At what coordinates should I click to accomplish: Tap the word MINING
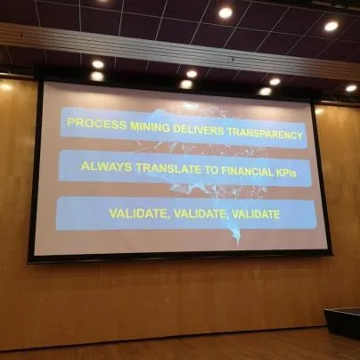tap(150, 127)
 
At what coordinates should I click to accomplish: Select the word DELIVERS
tap(199, 129)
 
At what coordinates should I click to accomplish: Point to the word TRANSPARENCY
tap(265, 134)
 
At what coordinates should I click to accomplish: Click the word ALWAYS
tap(106, 167)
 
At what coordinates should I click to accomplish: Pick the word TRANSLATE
tap(168, 168)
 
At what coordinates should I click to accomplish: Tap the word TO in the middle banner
tap(211, 170)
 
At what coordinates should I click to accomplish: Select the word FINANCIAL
tap(247, 172)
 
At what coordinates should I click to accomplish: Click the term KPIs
tap(286, 173)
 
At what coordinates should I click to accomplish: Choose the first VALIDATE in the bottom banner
tap(139, 213)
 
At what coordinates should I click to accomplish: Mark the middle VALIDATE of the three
tap(200, 214)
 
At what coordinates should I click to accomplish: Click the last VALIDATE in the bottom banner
tap(256, 215)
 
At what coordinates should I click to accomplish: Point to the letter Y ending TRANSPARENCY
tap(299, 135)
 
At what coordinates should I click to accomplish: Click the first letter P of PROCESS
tap(70, 122)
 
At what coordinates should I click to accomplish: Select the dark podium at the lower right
tap(342, 323)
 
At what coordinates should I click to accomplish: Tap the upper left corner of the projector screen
tap(44, 82)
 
